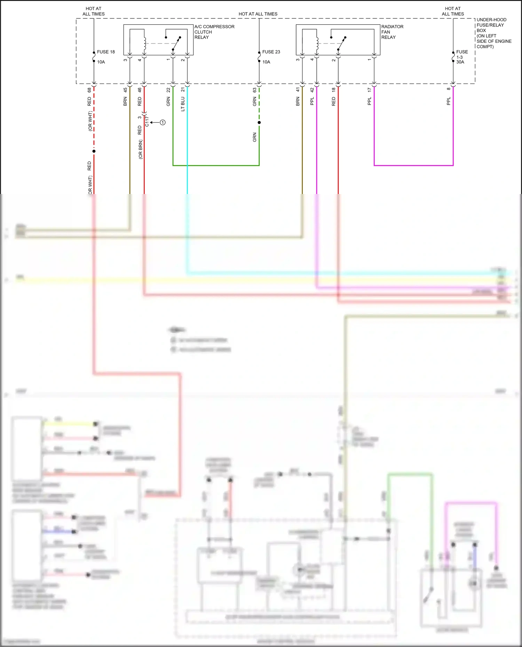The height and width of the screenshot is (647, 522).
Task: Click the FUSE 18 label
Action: [106, 52]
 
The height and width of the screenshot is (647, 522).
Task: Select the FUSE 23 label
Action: [271, 52]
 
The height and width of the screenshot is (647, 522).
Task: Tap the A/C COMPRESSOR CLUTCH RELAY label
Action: [214, 32]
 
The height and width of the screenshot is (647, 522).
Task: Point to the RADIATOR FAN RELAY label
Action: [392, 32]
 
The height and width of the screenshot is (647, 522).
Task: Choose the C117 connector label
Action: [147, 121]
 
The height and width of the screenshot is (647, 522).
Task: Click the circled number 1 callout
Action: [163, 122]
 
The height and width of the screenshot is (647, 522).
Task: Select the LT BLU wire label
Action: [183, 104]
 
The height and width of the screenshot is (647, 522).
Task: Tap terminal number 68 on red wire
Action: [89, 90]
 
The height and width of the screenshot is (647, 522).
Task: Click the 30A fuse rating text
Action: [460, 62]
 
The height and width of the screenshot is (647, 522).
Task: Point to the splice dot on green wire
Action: [259, 122]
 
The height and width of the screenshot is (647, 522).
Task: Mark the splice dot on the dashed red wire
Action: [94, 151]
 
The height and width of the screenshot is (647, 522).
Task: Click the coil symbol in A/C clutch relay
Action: [144, 43]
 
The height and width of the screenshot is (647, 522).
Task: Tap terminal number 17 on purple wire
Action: [370, 90]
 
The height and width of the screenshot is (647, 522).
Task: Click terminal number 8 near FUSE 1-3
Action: [449, 89]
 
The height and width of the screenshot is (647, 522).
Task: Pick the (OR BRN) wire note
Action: [141, 149]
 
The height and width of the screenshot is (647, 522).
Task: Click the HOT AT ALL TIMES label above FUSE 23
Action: [258, 14]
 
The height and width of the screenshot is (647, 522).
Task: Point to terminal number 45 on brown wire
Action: [125, 90]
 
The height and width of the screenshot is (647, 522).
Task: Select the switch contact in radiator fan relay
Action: [341, 43]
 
